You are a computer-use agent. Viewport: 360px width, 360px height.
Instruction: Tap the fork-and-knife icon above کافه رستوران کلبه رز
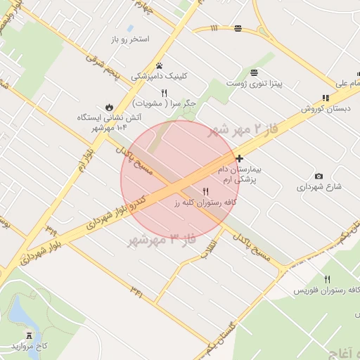tap(206, 191)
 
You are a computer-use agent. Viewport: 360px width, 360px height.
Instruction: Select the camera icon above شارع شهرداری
tap(319, 176)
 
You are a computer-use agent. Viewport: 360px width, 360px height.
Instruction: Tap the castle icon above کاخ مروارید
tap(29, 335)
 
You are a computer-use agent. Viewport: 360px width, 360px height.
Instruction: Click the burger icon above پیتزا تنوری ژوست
tap(253, 72)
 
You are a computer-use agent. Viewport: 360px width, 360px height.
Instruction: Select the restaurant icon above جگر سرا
tap(165, 92)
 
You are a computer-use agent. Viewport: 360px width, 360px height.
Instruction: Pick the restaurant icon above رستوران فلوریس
tap(327, 279)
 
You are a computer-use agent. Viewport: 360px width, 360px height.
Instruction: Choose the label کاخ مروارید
tap(31, 347)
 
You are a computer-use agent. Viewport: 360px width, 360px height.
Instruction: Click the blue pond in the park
tap(22, 309)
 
